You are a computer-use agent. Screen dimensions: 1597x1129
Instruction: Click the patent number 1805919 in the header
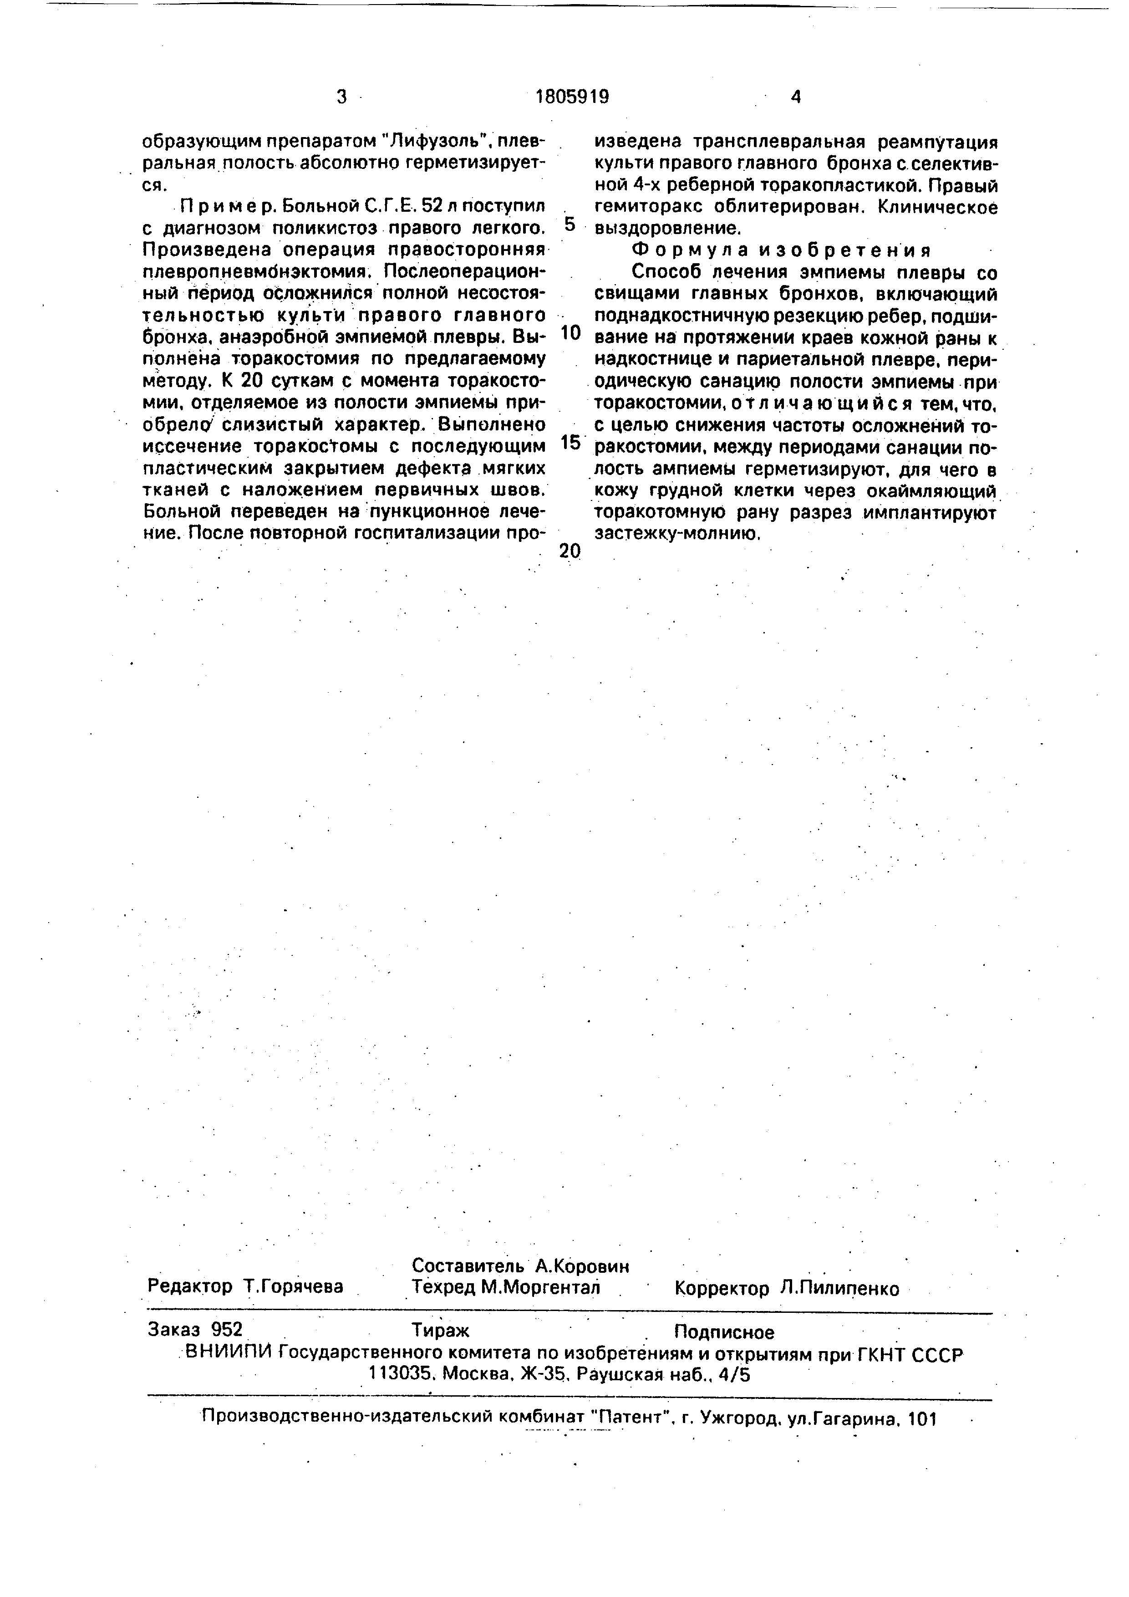point(572,97)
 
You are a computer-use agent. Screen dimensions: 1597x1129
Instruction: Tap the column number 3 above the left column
point(341,97)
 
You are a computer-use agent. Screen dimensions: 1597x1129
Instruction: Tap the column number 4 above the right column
point(796,97)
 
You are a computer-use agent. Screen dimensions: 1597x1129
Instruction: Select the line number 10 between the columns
point(570,334)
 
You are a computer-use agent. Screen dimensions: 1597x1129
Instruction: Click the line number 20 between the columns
point(570,551)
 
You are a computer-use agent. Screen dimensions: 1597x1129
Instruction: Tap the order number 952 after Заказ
point(227,1329)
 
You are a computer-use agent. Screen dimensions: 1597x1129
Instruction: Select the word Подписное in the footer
point(724,1332)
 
